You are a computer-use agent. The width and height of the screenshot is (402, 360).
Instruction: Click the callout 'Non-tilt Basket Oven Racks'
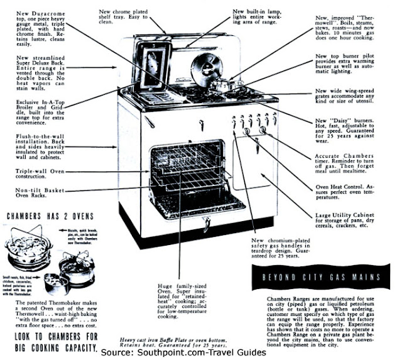pyautogui.click(x=36, y=194)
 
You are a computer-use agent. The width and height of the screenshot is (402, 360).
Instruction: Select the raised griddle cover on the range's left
pyautogui.click(x=153, y=68)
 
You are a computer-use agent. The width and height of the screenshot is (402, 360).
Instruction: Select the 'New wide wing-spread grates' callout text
pyautogui.click(x=355, y=95)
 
